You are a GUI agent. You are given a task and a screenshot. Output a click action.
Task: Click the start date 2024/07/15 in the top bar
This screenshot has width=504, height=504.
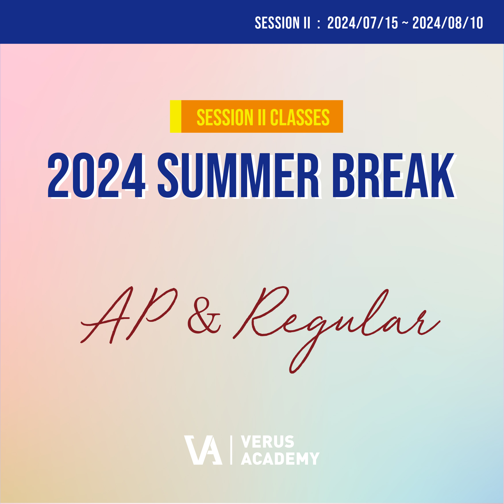363,23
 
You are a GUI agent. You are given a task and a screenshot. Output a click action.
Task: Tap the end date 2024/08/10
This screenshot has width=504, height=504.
448,23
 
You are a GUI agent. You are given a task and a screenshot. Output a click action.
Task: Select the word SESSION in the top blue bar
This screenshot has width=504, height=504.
273,23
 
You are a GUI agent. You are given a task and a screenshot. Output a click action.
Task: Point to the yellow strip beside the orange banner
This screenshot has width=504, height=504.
176,116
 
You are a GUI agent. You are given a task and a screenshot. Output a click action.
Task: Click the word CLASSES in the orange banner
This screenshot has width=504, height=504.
300,117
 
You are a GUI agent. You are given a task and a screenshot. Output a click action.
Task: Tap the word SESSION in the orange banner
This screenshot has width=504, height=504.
225,117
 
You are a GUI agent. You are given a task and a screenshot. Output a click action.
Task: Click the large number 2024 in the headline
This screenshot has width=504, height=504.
97,175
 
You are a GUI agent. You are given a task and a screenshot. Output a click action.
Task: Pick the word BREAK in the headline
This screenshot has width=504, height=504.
394,175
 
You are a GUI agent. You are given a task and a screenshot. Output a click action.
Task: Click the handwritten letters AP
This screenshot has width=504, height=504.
129,315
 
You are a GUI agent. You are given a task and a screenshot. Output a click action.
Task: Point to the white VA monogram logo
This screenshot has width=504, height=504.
203,450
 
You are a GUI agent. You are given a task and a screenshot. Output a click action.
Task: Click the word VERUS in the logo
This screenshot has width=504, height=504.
268,442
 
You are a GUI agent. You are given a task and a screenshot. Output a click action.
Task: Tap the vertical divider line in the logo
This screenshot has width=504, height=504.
231,450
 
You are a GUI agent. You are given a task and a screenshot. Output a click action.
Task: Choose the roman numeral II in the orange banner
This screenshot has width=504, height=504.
261,117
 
